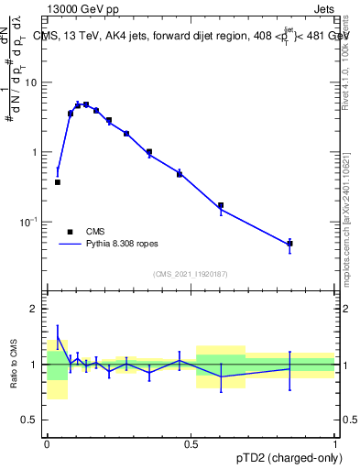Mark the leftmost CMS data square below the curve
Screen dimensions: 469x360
point(58,182)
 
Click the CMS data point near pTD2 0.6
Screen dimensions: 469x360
point(221,205)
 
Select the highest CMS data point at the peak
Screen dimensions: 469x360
point(86,104)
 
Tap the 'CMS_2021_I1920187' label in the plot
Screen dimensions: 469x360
point(191,274)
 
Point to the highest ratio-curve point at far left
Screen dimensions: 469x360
point(58,336)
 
